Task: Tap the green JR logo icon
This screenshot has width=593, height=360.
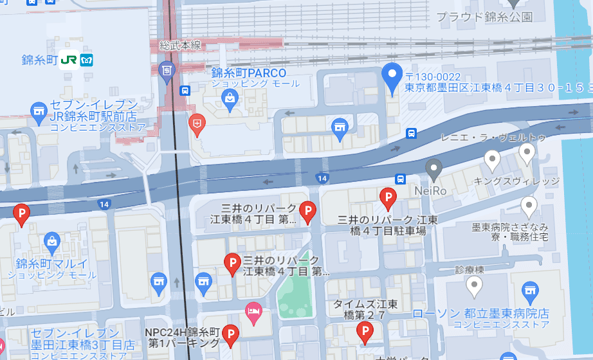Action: click(68, 59)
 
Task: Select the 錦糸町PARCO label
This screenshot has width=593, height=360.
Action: click(248, 73)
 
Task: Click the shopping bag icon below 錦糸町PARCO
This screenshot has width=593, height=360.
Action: click(229, 98)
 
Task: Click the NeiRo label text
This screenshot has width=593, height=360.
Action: click(430, 190)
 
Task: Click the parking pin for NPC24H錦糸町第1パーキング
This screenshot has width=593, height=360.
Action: click(230, 334)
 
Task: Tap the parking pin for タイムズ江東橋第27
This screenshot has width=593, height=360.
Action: click(365, 331)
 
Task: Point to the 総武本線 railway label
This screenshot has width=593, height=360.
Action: click(181, 45)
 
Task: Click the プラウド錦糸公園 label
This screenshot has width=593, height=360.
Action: click(484, 17)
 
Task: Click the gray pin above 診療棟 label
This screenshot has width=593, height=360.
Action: click(475, 285)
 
